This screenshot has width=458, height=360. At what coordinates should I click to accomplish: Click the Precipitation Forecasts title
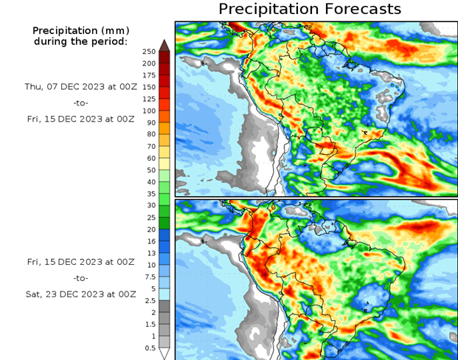tap(310, 9)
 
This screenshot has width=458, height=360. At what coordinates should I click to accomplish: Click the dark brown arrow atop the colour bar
tap(164, 45)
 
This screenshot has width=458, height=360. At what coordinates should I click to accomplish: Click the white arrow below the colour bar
tap(164, 353)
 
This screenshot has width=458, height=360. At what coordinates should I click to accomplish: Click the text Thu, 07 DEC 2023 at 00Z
tap(80, 86)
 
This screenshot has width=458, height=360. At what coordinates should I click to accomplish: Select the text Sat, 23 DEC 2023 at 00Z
tap(80, 294)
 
